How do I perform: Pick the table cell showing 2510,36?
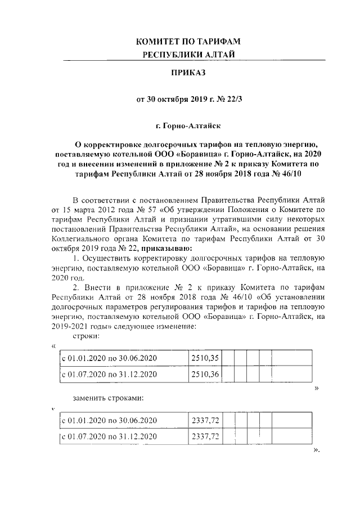(x=205, y=374)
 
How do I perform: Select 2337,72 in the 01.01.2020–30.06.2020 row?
(x=205, y=420)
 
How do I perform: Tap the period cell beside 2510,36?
(x=109, y=374)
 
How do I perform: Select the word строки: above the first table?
(x=87, y=336)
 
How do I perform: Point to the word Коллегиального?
(x=80, y=239)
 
